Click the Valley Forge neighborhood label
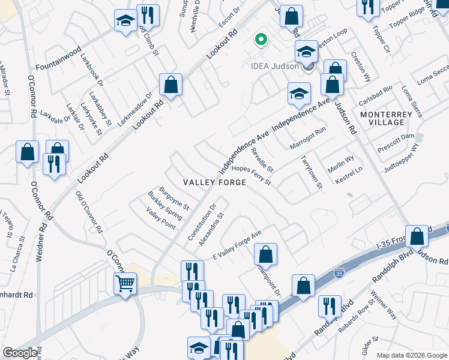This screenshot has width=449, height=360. (x=214, y=182)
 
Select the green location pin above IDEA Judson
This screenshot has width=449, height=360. (x=261, y=40)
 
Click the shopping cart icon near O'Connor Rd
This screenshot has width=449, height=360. (x=125, y=283)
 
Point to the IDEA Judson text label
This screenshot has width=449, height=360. (x=275, y=66)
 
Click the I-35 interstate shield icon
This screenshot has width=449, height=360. (x=340, y=274)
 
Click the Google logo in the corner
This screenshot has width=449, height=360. (x=20, y=353)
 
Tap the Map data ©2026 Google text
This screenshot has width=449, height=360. (x=411, y=355)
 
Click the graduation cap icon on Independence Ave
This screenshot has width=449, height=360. (x=298, y=93)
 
